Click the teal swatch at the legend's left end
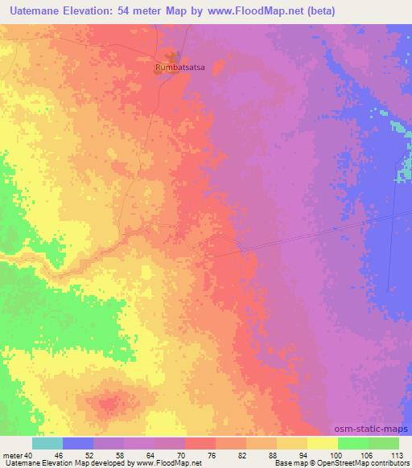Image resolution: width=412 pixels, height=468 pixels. [47, 443]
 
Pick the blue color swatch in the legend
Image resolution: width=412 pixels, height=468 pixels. [78, 443]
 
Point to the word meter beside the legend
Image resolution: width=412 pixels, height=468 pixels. [14, 454]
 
